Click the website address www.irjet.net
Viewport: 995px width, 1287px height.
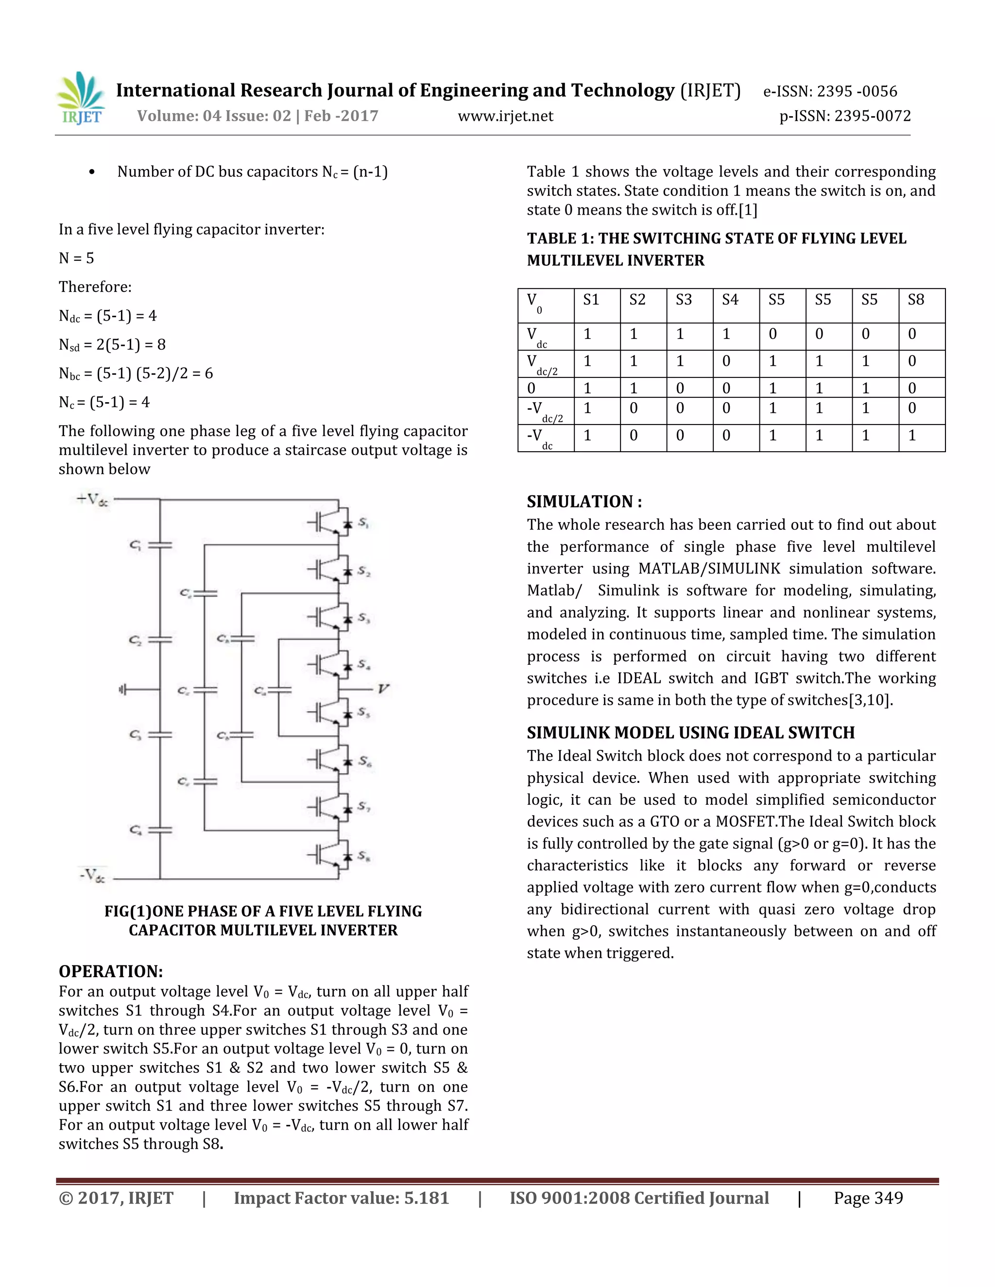pyautogui.click(x=505, y=116)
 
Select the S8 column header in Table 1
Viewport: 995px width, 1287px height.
pyautogui.click(x=915, y=300)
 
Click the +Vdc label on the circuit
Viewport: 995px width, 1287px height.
pyautogui.click(x=92, y=500)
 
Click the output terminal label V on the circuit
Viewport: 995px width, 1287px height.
pyautogui.click(x=383, y=688)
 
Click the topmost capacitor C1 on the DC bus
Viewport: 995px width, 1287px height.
pyautogui.click(x=159, y=545)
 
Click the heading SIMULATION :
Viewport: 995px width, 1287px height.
pyautogui.click(x=583, y=502)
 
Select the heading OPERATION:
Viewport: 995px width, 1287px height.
pyautogui.click(x=110, y=971)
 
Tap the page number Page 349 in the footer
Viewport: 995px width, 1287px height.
pyautogui.click(x=868, y=1198)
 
